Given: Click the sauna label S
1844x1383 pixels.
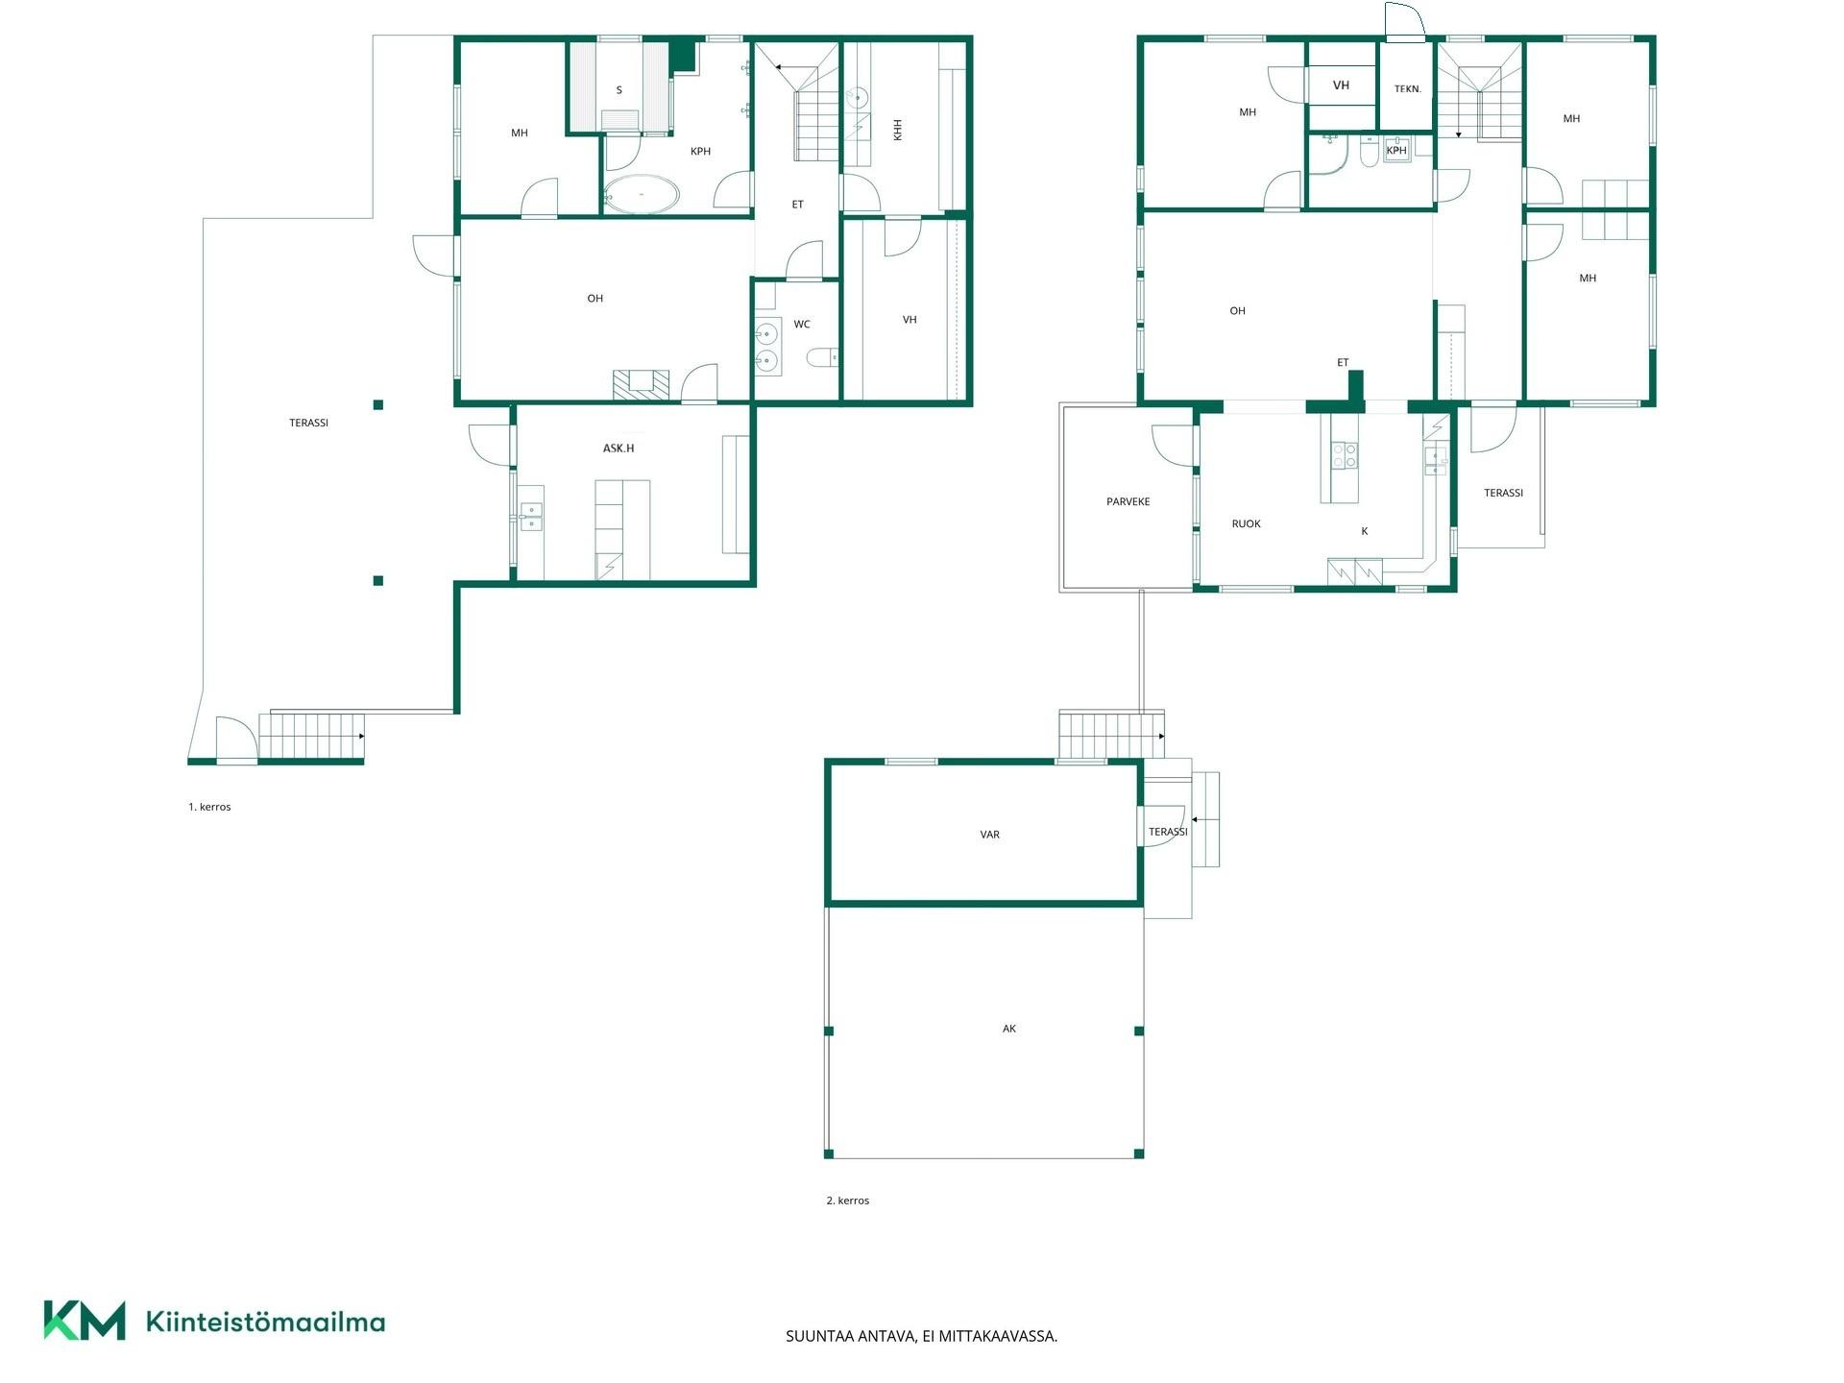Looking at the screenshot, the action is [619, 90].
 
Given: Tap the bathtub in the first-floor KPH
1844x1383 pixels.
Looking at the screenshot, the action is [642, 194].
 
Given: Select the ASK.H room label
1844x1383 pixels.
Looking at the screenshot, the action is [619, 449].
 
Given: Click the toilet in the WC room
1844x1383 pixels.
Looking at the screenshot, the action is [822, 358].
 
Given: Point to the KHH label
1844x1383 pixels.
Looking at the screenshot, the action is [898, 130].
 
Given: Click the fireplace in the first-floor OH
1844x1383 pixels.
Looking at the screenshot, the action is [641, 384].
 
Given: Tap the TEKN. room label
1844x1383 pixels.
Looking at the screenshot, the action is [1407, 89].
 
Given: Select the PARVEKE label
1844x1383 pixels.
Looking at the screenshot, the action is [1128, 501].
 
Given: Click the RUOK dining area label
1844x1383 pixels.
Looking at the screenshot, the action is [1246, 523].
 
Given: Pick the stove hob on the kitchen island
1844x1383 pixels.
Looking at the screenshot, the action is [1344, 455].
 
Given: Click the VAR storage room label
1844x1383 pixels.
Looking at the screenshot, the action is [989, 835].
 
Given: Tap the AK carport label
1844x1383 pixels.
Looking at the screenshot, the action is [1008, 1029].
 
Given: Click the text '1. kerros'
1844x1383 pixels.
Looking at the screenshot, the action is [209, 807].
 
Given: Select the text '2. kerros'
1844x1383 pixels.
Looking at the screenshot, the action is [847, 1201].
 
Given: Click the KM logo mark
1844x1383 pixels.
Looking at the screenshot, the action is [85, 1321].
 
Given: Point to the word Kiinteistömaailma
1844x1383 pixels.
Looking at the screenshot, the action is [265, 1322].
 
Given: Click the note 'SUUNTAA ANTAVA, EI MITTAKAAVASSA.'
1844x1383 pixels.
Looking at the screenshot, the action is [921, 1336].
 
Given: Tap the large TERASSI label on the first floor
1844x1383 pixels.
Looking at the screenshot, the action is [308, 423].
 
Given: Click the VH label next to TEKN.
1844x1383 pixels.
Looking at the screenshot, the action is [1341, 85].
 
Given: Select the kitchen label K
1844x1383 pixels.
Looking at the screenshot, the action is [1364, 531].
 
